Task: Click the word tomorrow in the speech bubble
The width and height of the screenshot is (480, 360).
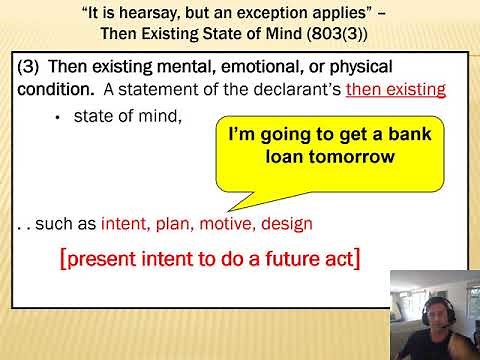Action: (x=350, y=156)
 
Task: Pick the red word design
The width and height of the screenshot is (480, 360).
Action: (x=291, y=224)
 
